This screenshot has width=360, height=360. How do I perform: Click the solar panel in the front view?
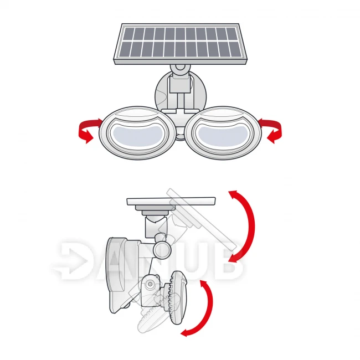(x=181, y=44)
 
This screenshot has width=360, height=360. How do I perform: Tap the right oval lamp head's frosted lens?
(x=223, y=136)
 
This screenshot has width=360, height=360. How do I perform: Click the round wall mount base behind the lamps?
(x=181, y=91)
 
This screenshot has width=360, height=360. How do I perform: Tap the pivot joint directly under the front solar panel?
(x=181, y=68)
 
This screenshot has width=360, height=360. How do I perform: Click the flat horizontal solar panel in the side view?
(x=171, y=201)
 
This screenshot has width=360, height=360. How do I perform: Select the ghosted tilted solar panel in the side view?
(x=202, y=219)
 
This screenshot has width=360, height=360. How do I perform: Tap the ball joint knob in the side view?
(x=162, y=250)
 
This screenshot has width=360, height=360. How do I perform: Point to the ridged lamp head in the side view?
(x=177, y=297)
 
